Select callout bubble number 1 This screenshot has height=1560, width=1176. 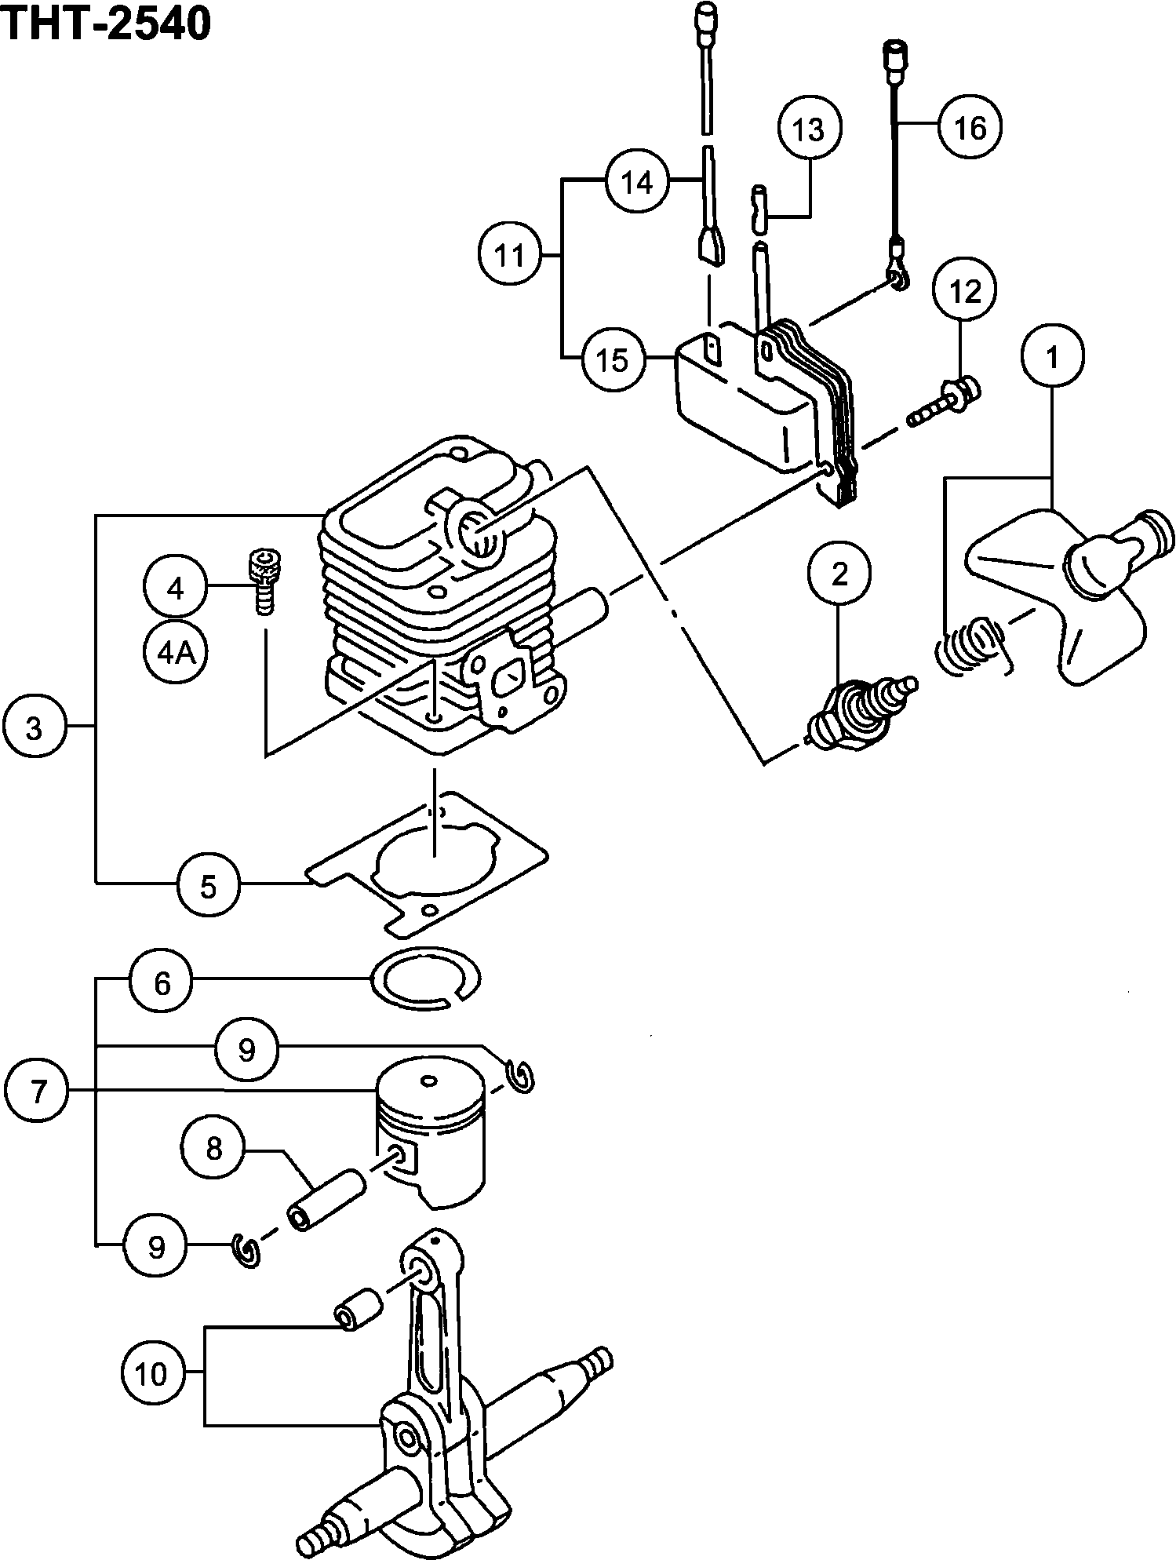[1052, 356]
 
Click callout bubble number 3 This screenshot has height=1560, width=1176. [34, 729]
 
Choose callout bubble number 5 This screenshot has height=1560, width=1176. [208, 886]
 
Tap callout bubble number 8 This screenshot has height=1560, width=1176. [213, 1150]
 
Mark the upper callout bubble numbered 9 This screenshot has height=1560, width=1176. [247, 1049]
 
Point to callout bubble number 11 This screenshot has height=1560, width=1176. [511, 255]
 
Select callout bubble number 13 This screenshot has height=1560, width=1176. [810, 128]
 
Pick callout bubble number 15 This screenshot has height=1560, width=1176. [612, 359]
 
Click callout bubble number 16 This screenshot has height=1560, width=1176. [970, 126]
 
